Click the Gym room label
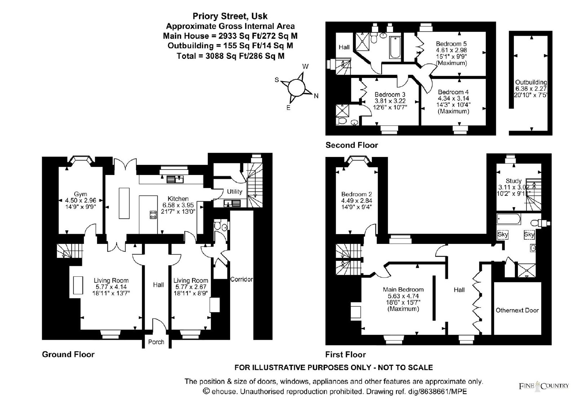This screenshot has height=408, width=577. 80,194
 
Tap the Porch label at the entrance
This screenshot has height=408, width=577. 156,342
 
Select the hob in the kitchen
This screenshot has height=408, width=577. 153,215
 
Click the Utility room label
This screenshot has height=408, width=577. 234,192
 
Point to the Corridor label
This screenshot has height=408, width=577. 241,279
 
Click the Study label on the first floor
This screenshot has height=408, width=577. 514,181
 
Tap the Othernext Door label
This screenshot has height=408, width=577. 517,310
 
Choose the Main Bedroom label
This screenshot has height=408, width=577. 403,290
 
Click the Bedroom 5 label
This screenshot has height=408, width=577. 451,44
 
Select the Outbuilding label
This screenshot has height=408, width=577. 531,83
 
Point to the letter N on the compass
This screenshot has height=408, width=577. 316,96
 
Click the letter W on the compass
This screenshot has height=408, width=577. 305,66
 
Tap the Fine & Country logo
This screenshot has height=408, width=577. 543,386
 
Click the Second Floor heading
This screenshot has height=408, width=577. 352,145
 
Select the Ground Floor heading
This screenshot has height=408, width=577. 68,354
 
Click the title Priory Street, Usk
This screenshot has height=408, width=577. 230,16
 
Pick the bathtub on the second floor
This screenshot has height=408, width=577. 395,48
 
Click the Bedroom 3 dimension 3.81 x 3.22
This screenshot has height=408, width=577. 390,101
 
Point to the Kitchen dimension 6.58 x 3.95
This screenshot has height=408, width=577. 178,205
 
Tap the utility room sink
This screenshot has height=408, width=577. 232,203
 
